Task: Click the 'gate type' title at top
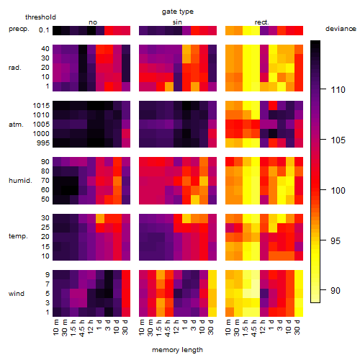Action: (x=178, y=12)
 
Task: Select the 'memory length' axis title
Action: (x=177, y=350)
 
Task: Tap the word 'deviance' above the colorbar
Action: (x=341, y=29)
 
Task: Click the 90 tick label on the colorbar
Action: (x=336, y=291)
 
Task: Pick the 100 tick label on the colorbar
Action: (x=338, y=191)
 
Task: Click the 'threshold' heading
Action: (x=40, y=17)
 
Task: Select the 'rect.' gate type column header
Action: (x=261, y=22)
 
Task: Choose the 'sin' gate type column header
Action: (x=177, y=22)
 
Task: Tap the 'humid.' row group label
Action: (x=20, y=181)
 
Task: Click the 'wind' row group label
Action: (x=17, y=294)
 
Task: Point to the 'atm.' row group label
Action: (x=16, y=125)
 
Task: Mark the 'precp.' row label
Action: (x=19, y=29)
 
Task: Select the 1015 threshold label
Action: (x=41, y=106)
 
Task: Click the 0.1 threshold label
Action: (x=44, y=30)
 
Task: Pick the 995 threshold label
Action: (x=42, y=143)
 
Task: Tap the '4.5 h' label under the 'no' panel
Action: (x=81, y=328)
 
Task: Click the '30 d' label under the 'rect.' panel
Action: (x=297, y=328)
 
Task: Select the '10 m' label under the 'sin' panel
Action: (x=142, y=328)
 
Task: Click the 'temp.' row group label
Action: (x=18, y=236)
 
